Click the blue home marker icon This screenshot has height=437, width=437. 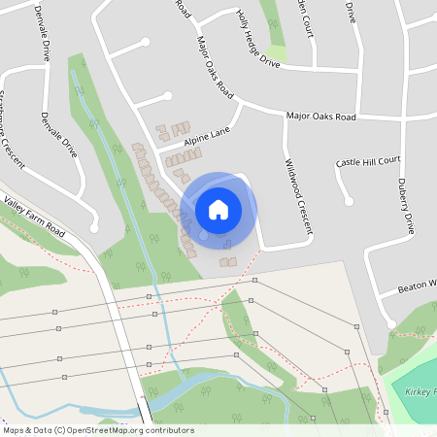218,209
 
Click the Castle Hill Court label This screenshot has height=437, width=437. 368,161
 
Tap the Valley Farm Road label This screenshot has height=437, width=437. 34,218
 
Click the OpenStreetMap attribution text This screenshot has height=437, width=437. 98,430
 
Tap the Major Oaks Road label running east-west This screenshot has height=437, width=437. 320,117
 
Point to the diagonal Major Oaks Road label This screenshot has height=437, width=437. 216,66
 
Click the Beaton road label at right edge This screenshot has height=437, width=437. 418,288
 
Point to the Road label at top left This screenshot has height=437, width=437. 182,8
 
